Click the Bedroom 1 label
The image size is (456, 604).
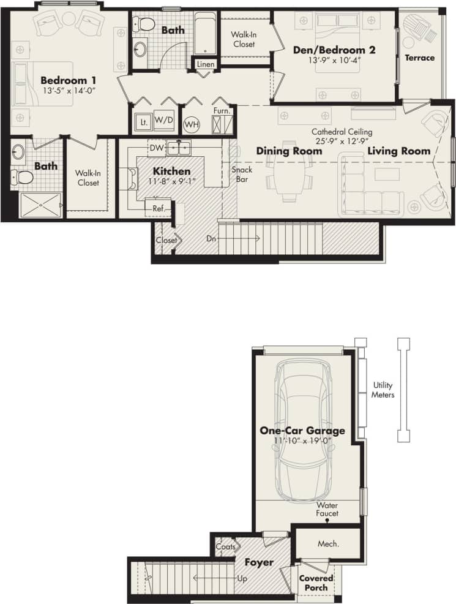point(69,80)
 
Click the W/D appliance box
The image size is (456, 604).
point(163,120)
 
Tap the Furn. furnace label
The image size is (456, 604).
point(222,111)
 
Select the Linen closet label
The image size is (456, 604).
point(205,64)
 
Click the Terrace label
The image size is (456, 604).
point(419,58)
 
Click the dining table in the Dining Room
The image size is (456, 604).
point(288,175)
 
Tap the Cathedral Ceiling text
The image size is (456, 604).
point(342,131)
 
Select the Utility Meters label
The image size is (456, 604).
point(384,390)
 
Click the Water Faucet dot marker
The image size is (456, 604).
point(327,521)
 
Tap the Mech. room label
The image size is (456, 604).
point(328,543)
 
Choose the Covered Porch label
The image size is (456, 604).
point(316,583)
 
